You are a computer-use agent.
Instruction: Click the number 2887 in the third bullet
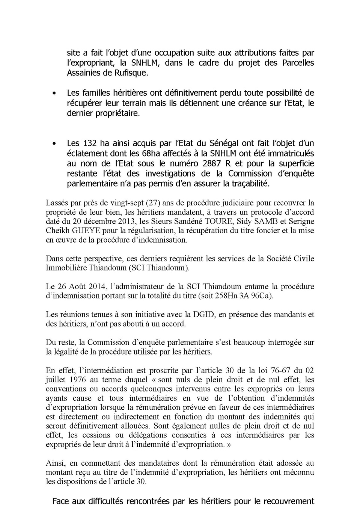click(214, 164)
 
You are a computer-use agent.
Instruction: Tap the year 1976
click(78, 380)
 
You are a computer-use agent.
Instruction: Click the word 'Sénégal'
click(224, 143)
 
